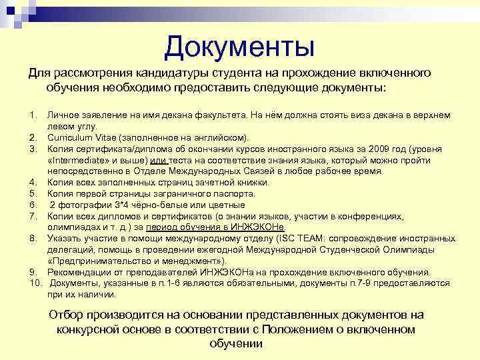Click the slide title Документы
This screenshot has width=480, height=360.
pyautogui.click(x=239, y=46)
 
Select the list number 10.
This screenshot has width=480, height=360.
pyautogui.click(x=35, y=283)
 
